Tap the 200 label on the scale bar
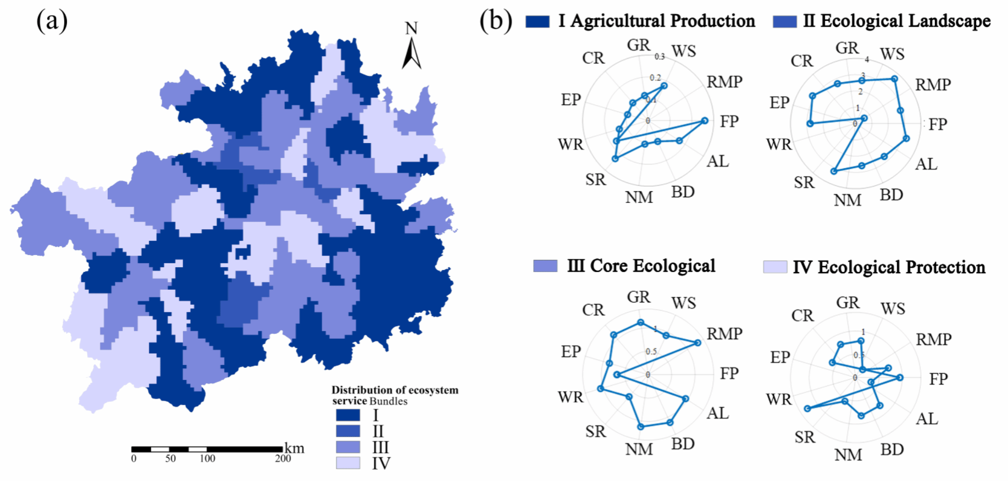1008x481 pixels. point(283,458)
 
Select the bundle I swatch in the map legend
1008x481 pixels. point(348,415)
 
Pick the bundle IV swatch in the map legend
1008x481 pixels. point(348,463)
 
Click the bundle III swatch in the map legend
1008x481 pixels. point(348,447)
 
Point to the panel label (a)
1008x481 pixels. point(52,21)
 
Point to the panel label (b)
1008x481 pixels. point(496,21)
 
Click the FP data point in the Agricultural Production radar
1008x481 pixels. point(705,121)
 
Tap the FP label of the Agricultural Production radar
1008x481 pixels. point(729,121)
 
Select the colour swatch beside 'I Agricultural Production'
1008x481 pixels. point(537,21)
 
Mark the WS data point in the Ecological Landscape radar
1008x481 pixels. point(894,79)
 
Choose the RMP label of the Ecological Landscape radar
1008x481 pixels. point(933,85)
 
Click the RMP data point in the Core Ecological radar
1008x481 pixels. point(697,342)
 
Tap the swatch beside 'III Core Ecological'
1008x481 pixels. point(545,266)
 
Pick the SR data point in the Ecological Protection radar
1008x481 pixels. point(807,408)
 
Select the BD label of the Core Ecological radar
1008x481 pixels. point(683,444)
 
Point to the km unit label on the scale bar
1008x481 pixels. point(295,448)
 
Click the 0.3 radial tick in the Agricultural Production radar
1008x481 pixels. point(660,57)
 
